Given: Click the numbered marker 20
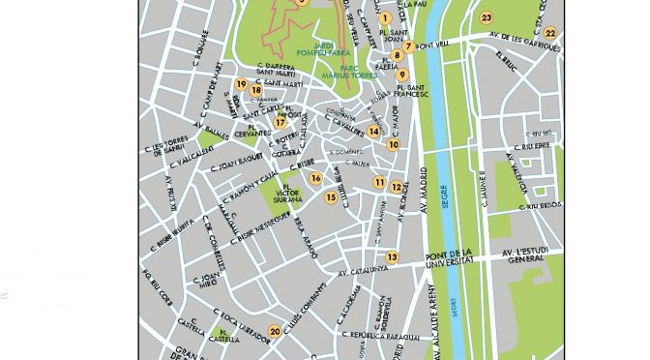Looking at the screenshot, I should click(x=276, y=332).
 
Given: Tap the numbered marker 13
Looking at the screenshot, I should click(x=392, y=256).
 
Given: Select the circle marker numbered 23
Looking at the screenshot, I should click(x=487, y=17).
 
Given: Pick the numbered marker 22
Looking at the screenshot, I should click(x=550, y=33).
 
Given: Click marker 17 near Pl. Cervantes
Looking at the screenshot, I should click(x=280, y=122).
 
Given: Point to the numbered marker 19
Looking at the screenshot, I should click(x=240, y=84).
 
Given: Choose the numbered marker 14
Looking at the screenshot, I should click(x=373, y=132).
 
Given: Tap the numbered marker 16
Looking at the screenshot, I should click(x=315, y=177).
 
